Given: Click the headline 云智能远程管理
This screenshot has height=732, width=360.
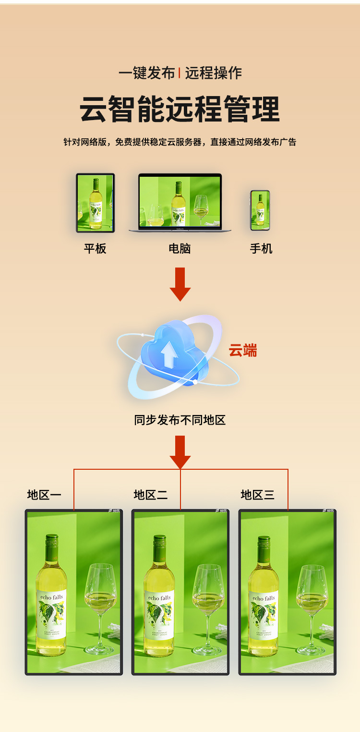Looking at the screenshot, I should [180, 109].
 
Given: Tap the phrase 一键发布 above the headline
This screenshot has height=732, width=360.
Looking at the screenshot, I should [147, 73].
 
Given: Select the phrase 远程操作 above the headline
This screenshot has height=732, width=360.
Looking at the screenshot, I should [213, 73].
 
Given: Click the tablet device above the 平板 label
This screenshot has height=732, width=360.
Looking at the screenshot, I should [96, 203].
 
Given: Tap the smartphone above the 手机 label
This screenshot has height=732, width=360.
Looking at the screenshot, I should [260, 210].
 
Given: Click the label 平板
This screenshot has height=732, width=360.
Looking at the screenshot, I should [95, 248].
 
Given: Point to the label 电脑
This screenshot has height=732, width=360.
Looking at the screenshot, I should [180, 248].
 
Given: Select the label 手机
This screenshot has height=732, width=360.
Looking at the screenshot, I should [261, 248].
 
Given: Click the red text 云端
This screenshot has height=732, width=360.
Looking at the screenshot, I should [242, 351].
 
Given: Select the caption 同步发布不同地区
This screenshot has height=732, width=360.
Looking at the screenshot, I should [180, 420].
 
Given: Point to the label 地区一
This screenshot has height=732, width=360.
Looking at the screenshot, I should [44, 495].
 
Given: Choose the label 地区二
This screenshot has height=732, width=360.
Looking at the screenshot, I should [151, 495].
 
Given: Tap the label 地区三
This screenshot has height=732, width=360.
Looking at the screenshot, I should [258, 495].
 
